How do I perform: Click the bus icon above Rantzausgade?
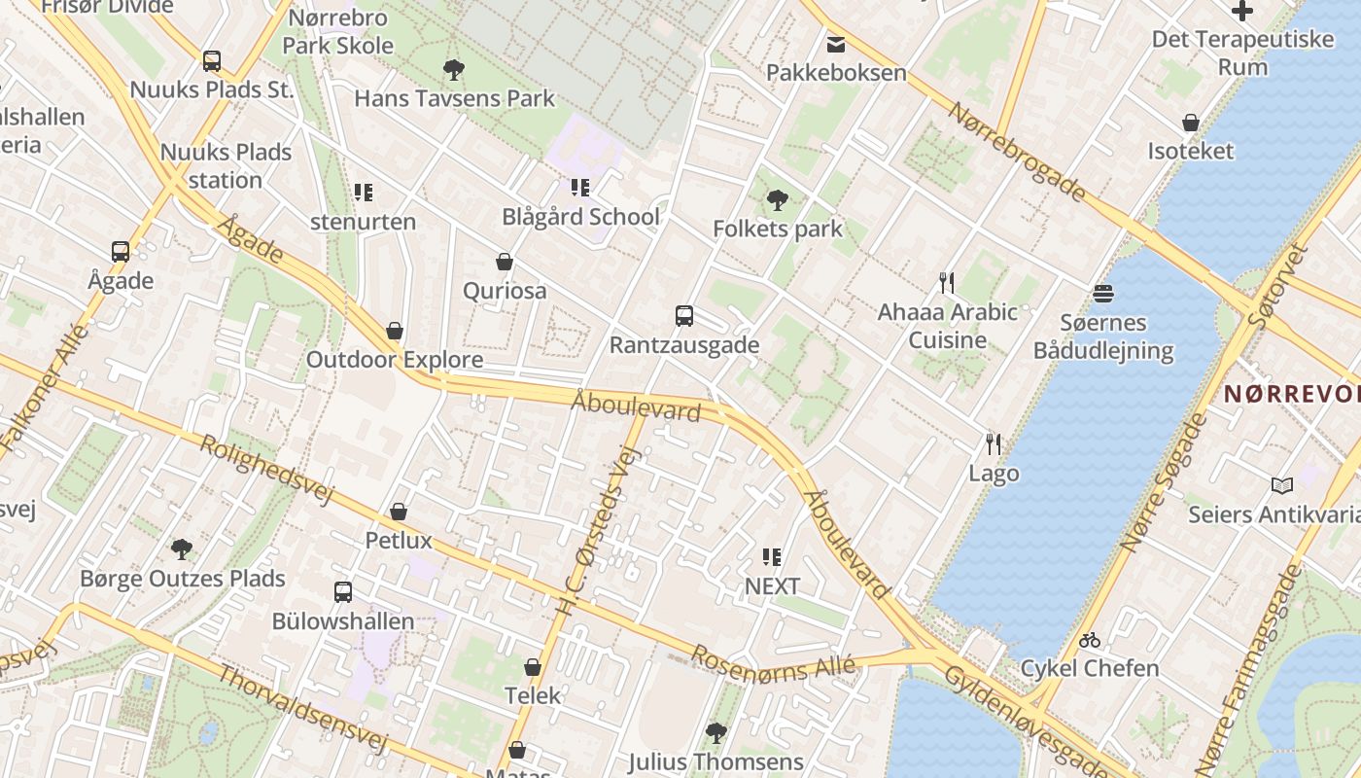coord(684,316)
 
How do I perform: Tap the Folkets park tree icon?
coord(777,200)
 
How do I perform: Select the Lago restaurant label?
coord(994,474)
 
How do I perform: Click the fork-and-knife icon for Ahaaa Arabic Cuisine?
coord(946,283)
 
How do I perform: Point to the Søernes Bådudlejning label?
coord(1103,336)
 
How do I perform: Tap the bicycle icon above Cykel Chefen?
coord(1090,640)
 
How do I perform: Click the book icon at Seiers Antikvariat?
coord(1282,485)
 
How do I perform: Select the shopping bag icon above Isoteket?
coord(1191,123)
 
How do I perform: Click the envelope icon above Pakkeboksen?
coord(836,44)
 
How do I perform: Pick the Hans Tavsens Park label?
coord(454,98)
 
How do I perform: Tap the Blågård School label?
coord(580,217)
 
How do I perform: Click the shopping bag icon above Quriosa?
coord(505,262)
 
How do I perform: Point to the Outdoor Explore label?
coord(395,360)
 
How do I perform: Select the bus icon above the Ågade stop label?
coord(121,252)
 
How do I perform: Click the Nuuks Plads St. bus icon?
coord(212,61)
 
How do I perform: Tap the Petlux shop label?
coord(398,540)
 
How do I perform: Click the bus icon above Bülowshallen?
coord(343,591)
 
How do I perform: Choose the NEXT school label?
coord(772,586)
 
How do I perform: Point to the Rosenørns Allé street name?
coord(773,664)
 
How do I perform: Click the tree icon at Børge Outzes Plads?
coord(182,549)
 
